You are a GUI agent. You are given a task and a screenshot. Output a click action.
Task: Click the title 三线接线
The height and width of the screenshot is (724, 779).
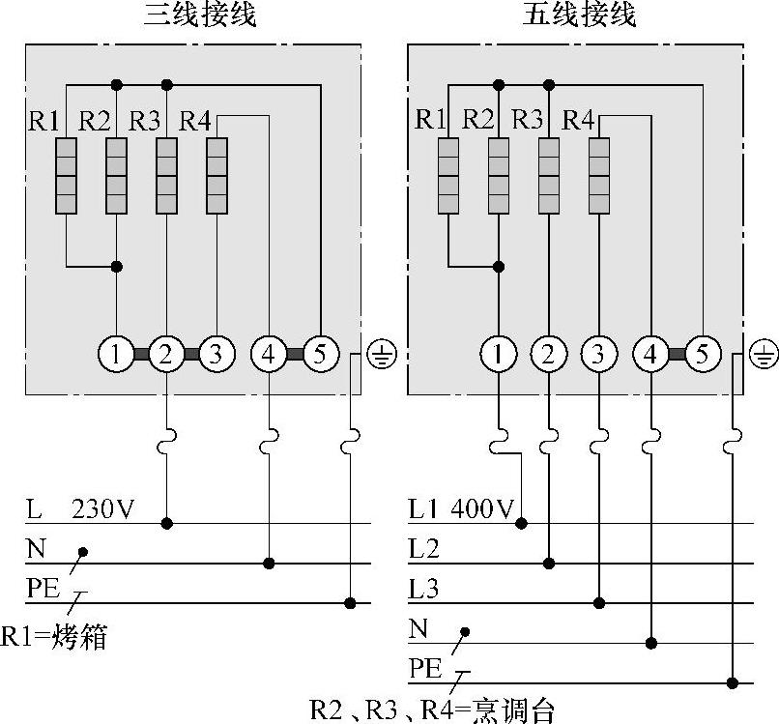coord(200,16)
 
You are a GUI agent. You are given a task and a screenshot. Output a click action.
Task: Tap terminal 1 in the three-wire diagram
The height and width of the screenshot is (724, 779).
coord(116,355)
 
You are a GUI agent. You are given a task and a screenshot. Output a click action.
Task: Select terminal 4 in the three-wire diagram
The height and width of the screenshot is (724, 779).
coord(268,355)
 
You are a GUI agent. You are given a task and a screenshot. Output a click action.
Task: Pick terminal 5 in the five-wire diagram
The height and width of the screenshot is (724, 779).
coord(702,355)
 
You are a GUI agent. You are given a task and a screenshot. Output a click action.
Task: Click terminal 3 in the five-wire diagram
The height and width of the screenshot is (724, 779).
coord(599,355)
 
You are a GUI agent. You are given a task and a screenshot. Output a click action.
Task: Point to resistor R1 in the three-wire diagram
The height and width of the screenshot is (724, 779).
coord(66,176)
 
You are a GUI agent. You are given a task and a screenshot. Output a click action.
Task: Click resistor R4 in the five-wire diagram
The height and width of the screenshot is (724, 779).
coord(599,176)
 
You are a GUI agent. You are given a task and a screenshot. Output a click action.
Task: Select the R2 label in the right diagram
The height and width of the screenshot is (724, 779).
coord(478,120)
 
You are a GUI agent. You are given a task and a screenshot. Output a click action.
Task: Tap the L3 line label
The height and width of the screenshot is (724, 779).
coord(423,589)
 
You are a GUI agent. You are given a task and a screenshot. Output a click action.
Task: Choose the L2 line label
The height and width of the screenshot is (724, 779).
coord(423,549)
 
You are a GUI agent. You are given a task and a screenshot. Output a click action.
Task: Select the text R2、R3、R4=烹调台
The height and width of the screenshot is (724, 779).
coord(431,710)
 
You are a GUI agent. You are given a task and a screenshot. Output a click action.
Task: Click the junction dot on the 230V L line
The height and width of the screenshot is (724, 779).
coord(167,523)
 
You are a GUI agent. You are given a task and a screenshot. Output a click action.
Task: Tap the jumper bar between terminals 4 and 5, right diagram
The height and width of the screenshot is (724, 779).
coord(676,355)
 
